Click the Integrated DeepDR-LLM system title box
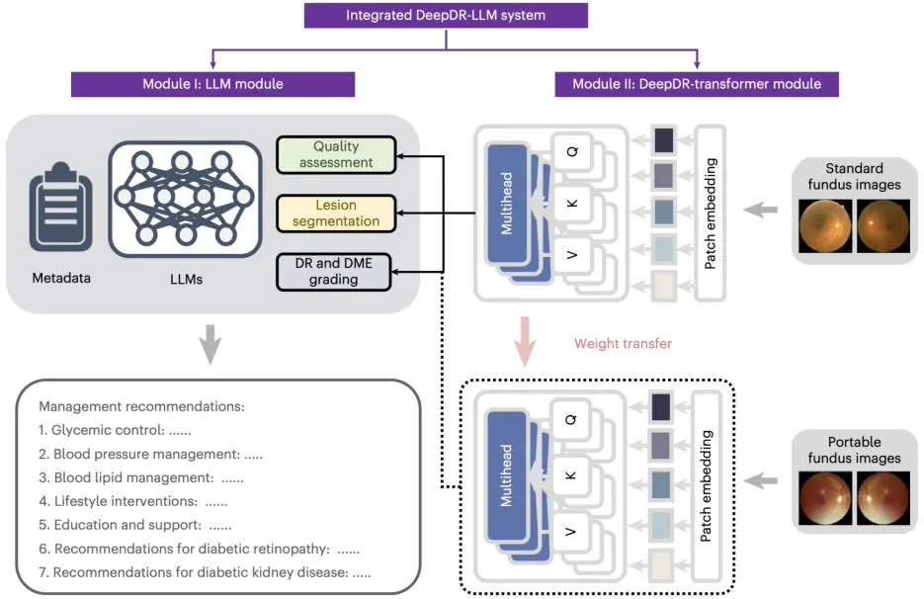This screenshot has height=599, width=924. tap(446, 16)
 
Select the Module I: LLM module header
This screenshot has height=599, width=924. tap(212, 84)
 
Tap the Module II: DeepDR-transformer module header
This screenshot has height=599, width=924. tap(697, 84)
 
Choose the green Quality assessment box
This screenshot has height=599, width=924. tap(336, 155)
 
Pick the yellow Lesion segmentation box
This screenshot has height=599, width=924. tap(336, 214)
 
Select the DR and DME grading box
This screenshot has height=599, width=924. tap(336, 272)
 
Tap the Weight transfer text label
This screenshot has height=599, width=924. tap(623, 344)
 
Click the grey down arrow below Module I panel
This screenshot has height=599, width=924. tap(210, 343)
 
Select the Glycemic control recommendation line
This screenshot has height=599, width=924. tap(115, 431)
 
